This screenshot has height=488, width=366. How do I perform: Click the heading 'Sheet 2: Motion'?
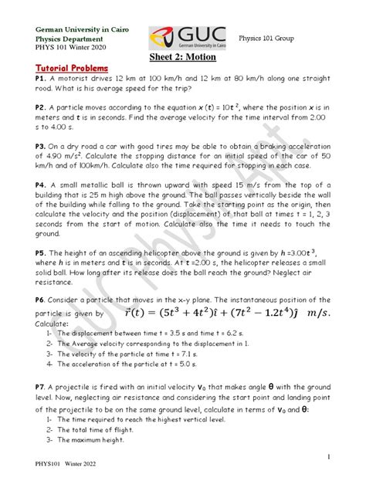184,58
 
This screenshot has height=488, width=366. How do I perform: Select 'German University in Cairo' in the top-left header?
79,29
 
